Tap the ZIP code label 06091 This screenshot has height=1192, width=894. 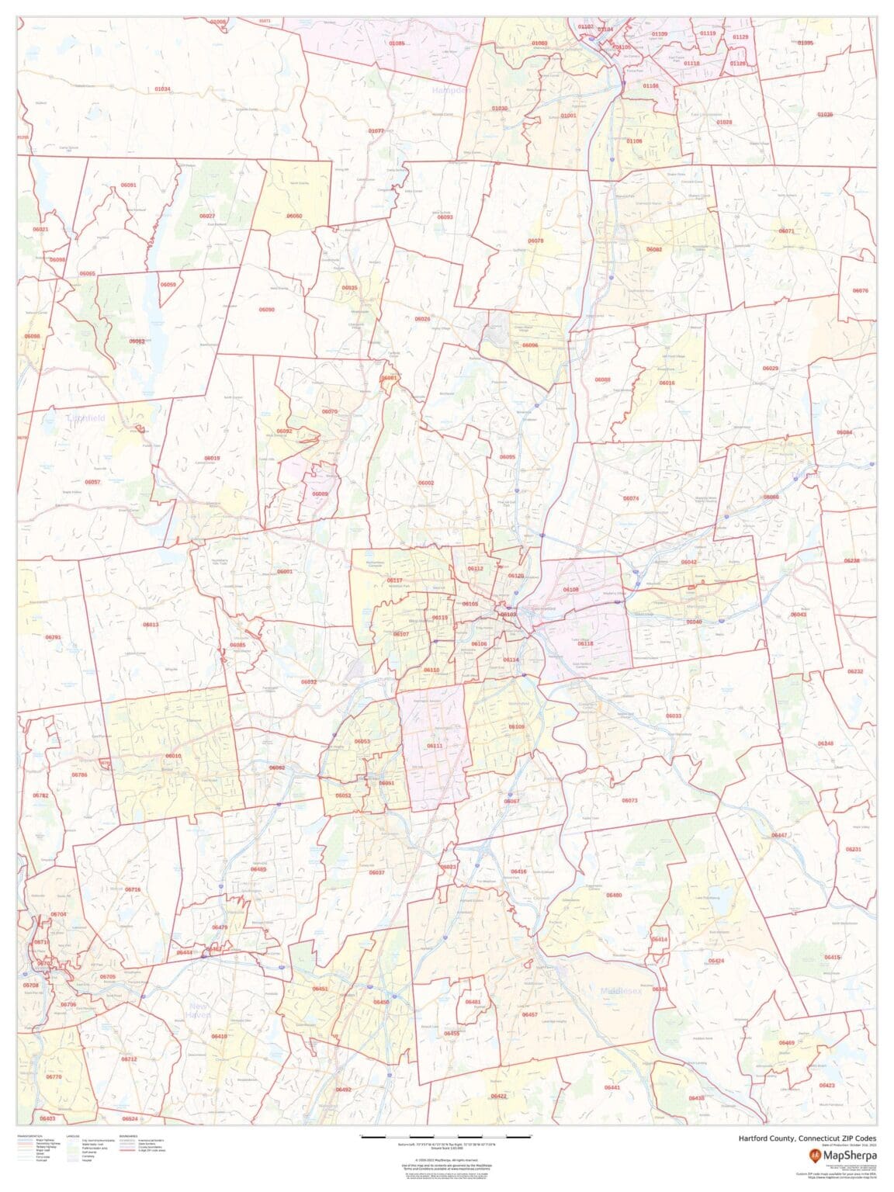point(128,185)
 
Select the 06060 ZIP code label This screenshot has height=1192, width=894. point(294,216)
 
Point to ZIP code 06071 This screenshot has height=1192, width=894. point(786,231)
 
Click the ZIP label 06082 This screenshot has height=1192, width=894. point(654,249)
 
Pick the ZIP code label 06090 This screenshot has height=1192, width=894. point(266,310)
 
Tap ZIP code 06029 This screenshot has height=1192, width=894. point(770,368)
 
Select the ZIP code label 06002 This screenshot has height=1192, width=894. point(426,483)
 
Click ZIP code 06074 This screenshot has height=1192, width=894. point(631,498)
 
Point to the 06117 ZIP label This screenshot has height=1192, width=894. point(395,580)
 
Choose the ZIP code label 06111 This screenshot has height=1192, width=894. point(435,746)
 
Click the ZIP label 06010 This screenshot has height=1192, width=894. point(173,756)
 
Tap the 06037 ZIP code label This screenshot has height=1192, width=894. point(376,872)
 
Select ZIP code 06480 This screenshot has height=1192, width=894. point(614,895)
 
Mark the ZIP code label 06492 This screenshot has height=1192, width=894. point(343,1090)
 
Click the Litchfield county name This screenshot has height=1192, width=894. point(85,418)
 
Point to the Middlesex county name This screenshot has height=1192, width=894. point(621,991)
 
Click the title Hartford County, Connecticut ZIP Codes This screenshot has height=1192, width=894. point(806,1138)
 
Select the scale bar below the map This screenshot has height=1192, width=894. point(446,1137)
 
